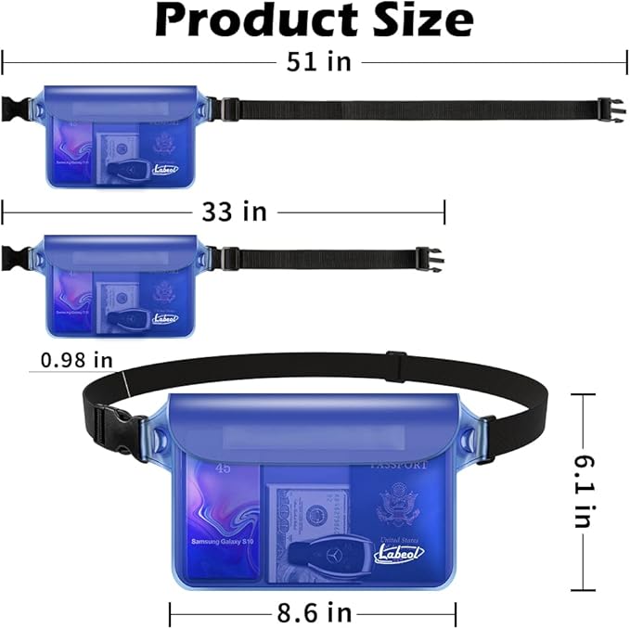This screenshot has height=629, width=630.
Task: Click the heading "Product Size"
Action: pyautogui.click(x=314, y=20)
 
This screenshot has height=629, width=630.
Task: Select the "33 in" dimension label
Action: pyautogui.click(x=235, y=212)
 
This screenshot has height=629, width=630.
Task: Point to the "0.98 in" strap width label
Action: pyautogui.click(x=77, y=359)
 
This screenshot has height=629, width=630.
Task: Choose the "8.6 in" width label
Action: pyautogui.click(x=314, y=612)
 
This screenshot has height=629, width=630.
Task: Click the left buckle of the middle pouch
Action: pyautogui.click(x=13, y=257)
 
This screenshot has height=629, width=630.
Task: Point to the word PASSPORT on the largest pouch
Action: pyautogui.click(x=400, y=464)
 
